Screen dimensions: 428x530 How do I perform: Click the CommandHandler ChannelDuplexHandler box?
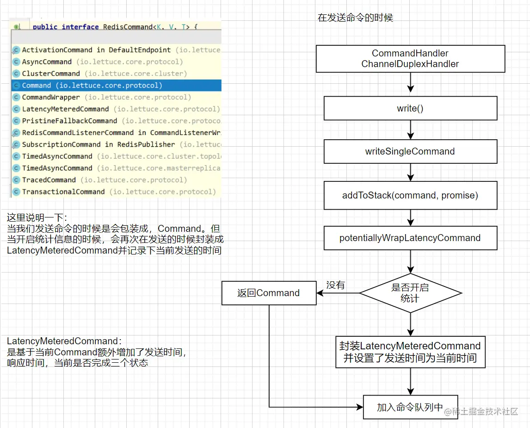pos(410,59)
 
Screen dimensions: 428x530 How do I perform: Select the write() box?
pos(410,109)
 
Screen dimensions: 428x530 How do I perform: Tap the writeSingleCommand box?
pos(410,152)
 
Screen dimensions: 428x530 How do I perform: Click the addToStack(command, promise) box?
pos(410,195)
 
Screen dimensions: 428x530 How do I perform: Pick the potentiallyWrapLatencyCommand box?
pos(410,238)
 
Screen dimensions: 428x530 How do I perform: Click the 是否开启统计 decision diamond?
pos(410,293)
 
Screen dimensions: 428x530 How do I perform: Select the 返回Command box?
pos(269,293)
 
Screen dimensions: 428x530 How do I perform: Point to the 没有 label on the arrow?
pos(336,285)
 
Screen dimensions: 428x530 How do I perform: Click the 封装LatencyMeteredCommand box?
pos(410,352)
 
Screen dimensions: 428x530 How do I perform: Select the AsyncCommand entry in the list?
pos(47,62)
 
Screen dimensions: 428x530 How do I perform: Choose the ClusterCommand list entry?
pos(51,74)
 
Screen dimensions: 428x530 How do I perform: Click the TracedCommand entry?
pos(49,180)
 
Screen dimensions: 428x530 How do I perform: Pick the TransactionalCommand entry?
pos(63,192)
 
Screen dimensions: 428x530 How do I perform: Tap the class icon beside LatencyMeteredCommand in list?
pos(16,109)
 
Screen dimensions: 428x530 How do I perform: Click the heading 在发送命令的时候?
pos(356,18)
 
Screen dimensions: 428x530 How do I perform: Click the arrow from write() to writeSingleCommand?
pos(410,130)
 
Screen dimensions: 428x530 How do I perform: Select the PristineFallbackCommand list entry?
pos(69,121)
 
